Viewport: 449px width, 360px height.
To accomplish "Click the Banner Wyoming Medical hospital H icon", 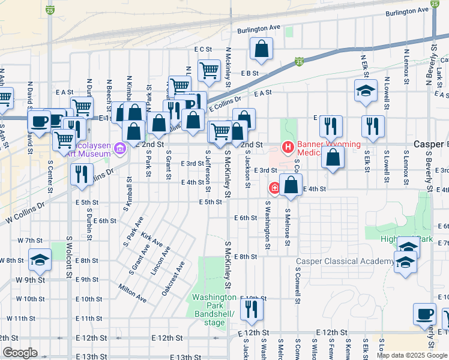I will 288,146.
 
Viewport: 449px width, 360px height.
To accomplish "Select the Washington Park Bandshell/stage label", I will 214,310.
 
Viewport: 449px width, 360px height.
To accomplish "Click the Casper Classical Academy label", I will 345,261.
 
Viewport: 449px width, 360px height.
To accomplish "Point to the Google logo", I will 20,353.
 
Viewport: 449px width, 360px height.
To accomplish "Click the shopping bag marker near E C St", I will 262,50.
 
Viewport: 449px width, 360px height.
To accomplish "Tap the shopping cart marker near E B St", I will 209,70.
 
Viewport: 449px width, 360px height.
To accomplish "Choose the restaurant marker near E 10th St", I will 252,308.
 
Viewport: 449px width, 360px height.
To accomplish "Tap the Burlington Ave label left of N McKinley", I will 259,28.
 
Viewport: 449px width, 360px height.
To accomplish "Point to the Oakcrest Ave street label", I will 173,278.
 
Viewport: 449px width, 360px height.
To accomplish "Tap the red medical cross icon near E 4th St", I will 274,188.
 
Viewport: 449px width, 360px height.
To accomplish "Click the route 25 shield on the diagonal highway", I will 299,61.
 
